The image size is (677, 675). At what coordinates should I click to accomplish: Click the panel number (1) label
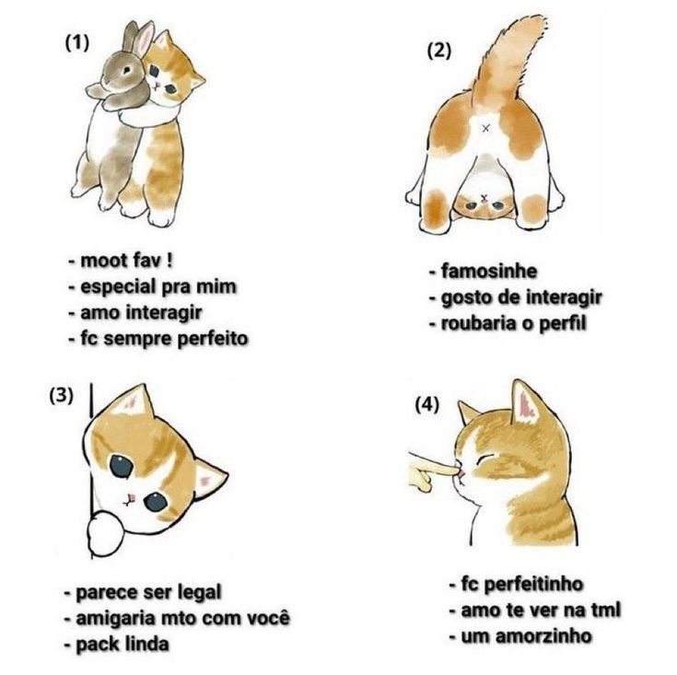coord(76,43)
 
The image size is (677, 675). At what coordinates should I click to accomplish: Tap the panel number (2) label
coord(439,51)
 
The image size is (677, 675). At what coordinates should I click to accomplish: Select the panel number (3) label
coord(62,395)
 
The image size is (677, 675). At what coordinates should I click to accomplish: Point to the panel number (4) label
coord(427,405)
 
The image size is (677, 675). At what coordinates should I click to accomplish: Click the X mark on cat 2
coord(486,128)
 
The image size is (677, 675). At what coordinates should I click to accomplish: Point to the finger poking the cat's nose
coord(432,471)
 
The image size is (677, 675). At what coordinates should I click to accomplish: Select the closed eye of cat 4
coord(484,459)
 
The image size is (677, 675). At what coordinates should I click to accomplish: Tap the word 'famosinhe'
coord(489,272)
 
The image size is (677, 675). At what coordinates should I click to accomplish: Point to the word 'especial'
coord(118,287)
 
